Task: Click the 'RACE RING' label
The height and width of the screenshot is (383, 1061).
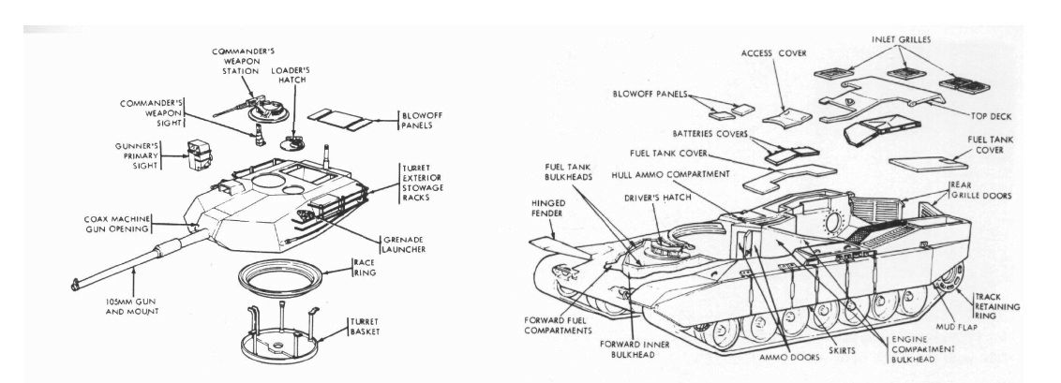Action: (364, 268)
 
